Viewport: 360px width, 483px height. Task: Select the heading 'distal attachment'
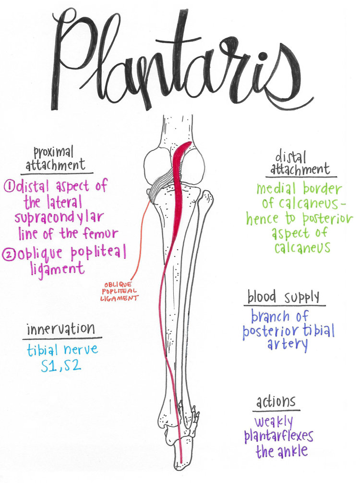point(300,163)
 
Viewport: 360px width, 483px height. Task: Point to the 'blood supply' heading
point(283,297)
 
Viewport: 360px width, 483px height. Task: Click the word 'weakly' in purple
point(274,422)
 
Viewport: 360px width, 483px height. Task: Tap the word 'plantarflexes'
point(278,436)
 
